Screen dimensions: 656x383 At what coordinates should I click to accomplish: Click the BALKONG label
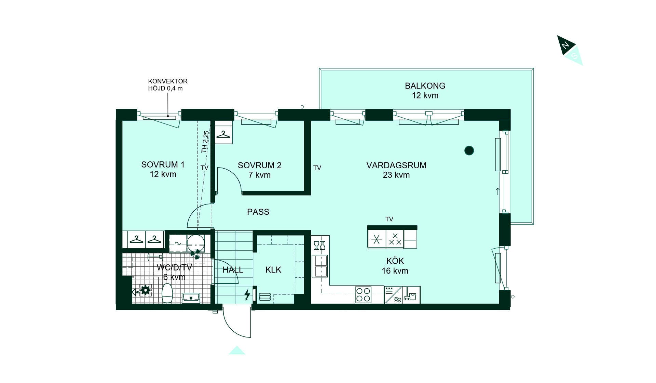click(x=425, y=86)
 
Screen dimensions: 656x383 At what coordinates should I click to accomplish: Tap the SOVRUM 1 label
click(x=163, y=164)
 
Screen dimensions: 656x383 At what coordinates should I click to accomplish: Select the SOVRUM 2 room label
click(x=260, y=166)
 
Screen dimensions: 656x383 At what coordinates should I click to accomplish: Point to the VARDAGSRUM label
click(x=396, y=166)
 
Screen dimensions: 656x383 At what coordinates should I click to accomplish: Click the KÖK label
click(x=395, y=261)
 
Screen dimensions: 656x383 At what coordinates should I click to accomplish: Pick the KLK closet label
click(x=273, y=270)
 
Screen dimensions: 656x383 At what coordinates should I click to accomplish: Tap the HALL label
click(x=233, y=270)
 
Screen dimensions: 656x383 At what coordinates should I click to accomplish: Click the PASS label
click(x=258, y=212)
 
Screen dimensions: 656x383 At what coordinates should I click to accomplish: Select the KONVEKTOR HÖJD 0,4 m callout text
click(x=168, y=85)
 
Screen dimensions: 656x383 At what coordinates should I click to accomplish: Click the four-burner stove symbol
click(x=363, y=295)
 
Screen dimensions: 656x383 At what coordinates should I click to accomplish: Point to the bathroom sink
click(x=191, y=298)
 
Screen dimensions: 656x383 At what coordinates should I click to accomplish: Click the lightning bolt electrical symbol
click(x=247, y=294)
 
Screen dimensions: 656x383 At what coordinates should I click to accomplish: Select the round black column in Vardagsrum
click(x=469, y=150)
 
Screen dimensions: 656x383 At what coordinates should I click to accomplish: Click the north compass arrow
click(x=566, y=45)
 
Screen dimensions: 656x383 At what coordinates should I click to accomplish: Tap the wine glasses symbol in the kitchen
click(x=319, y=245)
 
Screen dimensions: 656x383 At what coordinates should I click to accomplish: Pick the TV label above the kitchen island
click(x=389, y=219)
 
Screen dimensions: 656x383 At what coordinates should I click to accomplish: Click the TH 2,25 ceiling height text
click(x=205, y=142)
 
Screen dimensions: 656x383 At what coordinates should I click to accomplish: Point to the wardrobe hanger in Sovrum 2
click(x=223, y=134)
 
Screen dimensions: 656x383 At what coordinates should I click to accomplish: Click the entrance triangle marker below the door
click(x=237, y=351)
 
